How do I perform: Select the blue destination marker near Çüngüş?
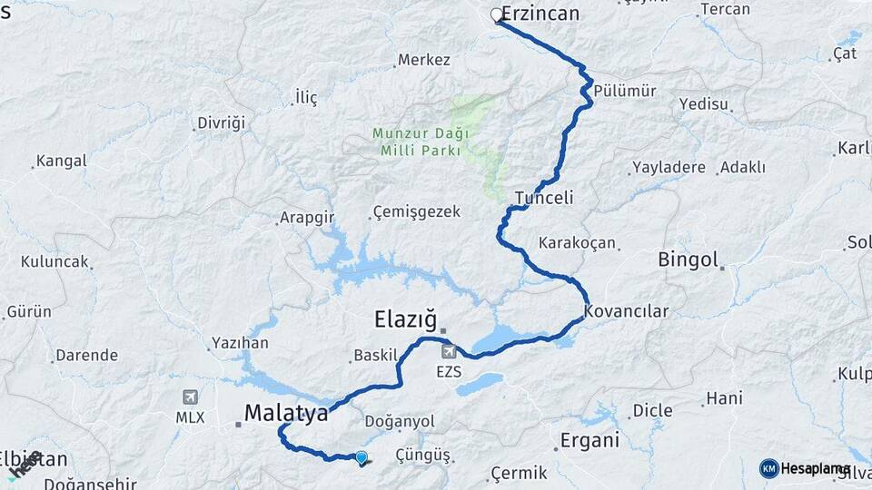pos(362,458)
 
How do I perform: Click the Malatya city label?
pos(286,414)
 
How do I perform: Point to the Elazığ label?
pos(404,319)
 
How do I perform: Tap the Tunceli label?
pos(544,198)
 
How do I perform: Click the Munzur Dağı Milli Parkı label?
pos(416,142)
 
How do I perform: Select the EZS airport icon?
pos(448,351)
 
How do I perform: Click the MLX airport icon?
pos(191,397)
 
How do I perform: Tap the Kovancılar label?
pos(627,311)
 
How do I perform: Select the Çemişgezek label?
pos(417,212)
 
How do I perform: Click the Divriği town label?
pos(222,122)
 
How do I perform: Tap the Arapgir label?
pos(306,219)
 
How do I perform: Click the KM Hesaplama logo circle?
pos(769,468)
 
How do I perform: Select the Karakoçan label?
pos(578,243)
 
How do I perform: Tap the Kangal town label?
pos(61,162)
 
